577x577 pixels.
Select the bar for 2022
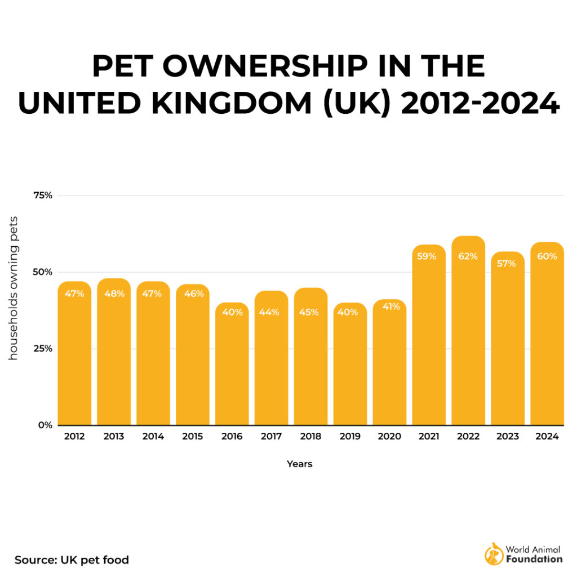(468, 338)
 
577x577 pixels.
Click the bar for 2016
(232, 366)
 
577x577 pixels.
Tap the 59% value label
(427, 256)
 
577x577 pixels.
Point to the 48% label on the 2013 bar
(114, 293)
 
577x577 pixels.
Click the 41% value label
(389, 307)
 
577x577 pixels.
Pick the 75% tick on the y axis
(42, 196)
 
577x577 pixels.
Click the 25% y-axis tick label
(42, 348)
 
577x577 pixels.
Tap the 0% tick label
(45, 425)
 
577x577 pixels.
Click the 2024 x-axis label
(547, 437)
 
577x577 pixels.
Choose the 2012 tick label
(74, 437)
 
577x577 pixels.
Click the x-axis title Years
(299, 464)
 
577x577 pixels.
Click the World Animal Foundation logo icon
(494, 554)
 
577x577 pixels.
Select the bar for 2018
(310, 361)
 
